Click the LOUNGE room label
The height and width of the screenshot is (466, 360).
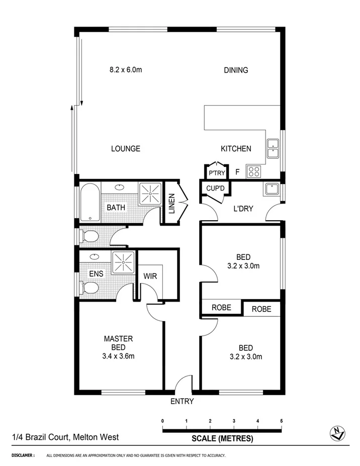(x=125, y=149)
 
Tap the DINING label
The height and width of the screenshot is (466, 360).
(x=236, y=70)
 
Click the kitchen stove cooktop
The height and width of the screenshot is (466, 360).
(x=253, y=172)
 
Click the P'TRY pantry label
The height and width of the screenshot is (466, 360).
(x=216, y=173)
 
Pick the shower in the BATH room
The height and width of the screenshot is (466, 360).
(x=150, y=194)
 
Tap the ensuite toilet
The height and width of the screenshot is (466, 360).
(x=89, y=288)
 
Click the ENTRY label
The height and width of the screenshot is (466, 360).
(x=182, y=401)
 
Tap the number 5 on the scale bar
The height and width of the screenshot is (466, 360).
(x=281, y=421)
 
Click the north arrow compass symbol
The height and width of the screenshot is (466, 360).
(x=335, y=432)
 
